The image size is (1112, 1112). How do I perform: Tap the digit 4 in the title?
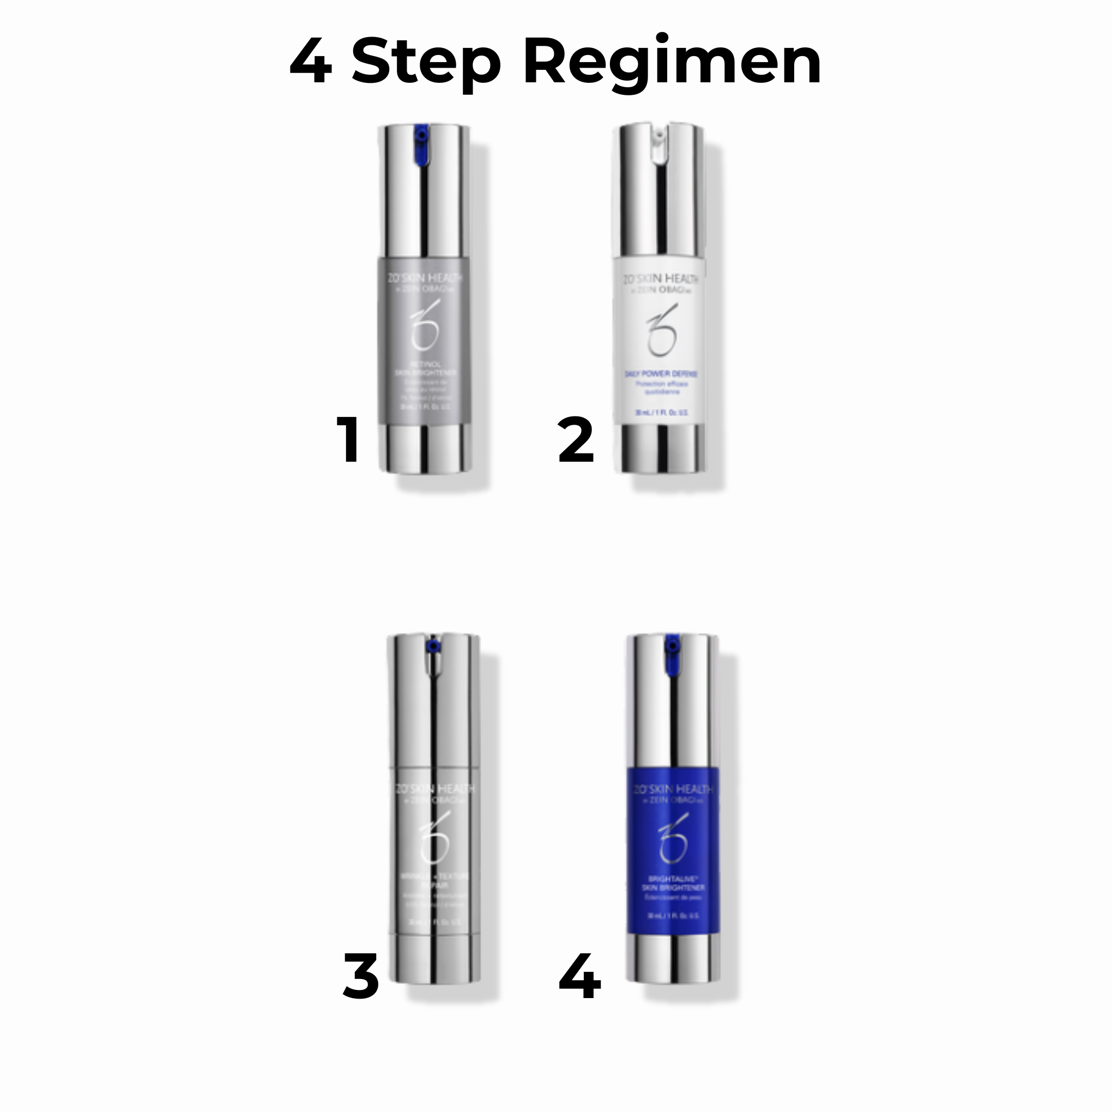[311, 62]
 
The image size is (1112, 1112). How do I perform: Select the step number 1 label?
[349, 440]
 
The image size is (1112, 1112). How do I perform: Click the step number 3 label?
[361, 976]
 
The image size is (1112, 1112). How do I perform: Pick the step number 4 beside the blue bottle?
[580, 976]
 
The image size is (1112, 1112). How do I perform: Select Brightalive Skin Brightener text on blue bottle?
[672, 884]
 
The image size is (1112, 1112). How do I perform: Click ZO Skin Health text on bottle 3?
[434, 789]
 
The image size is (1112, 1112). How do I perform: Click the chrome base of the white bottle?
[661, 450]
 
